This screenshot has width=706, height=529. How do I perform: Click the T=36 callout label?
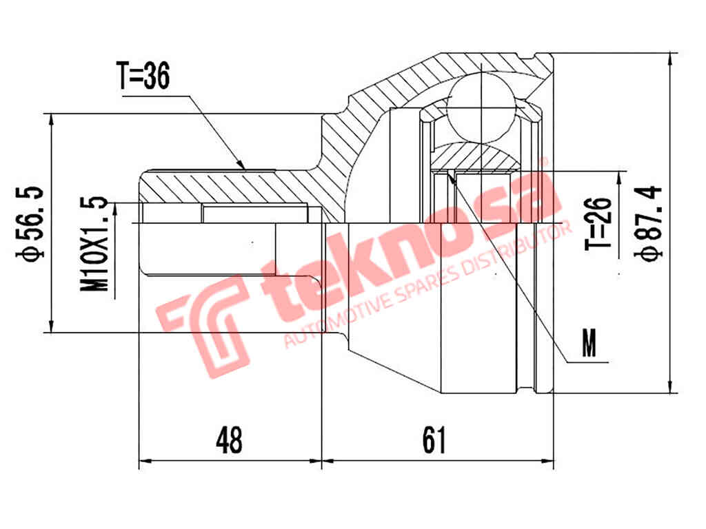coord(143,77)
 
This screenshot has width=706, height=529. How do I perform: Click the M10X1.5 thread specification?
coord(96,243)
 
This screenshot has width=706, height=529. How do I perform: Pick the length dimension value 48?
coord(229,440)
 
